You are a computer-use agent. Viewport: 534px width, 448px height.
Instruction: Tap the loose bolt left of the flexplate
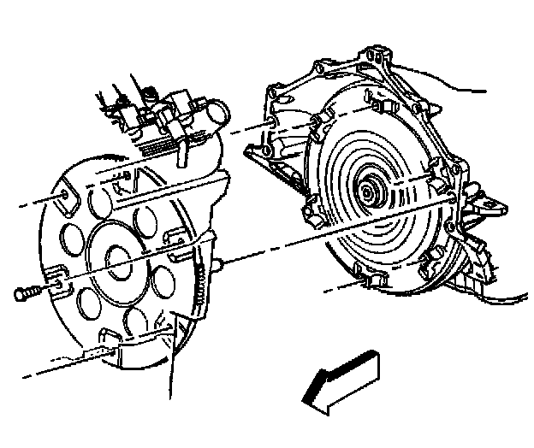pos(26,292)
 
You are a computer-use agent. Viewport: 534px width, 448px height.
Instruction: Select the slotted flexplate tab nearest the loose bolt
pos(56,277)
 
